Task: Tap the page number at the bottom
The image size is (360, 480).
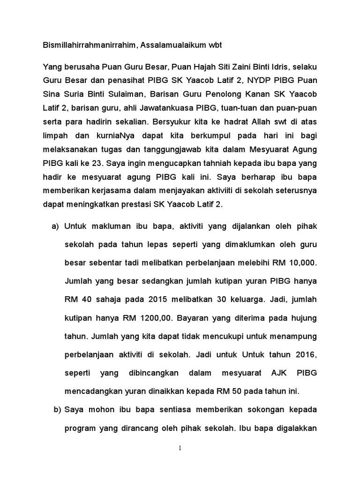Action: coord(180,448)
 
